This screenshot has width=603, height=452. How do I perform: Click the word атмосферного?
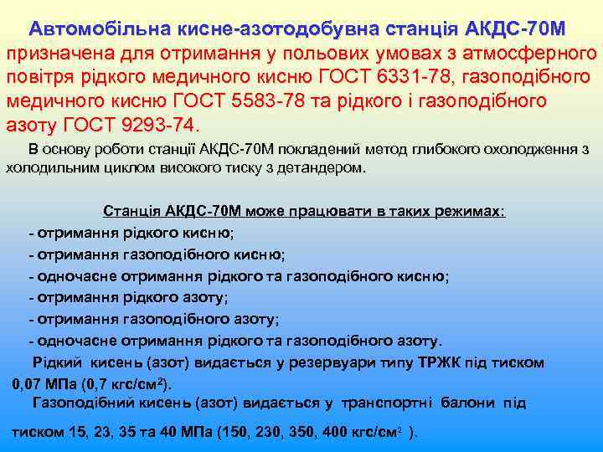pos(528,54)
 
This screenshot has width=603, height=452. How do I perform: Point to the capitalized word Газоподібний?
pos(77,403)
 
